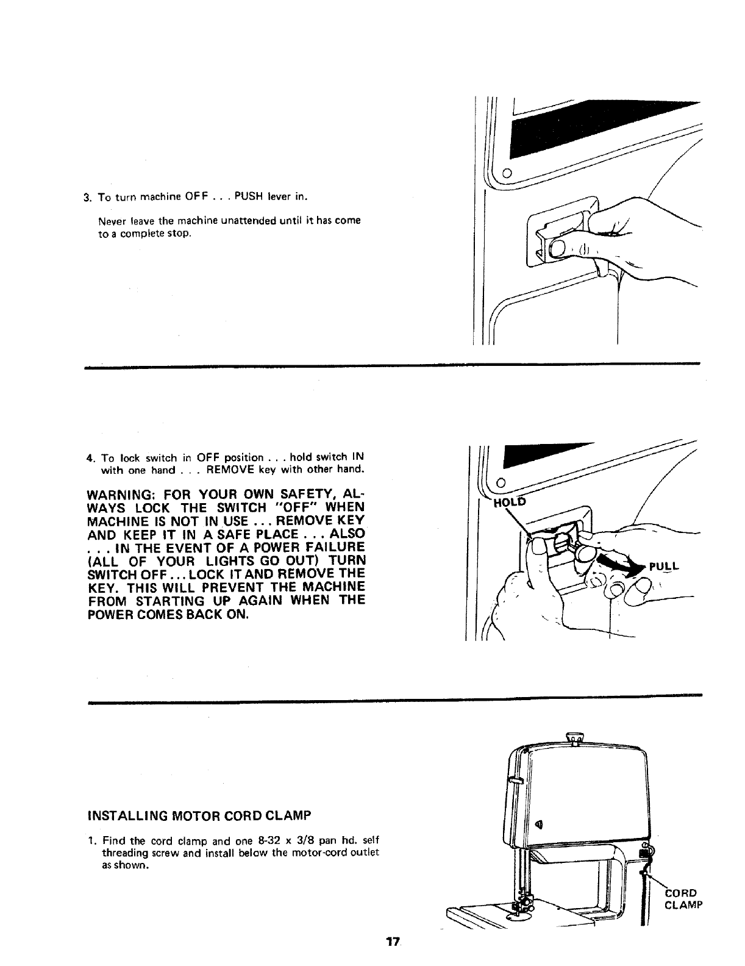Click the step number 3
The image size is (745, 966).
[88, 197]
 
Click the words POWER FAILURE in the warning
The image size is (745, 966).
[309, 547]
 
